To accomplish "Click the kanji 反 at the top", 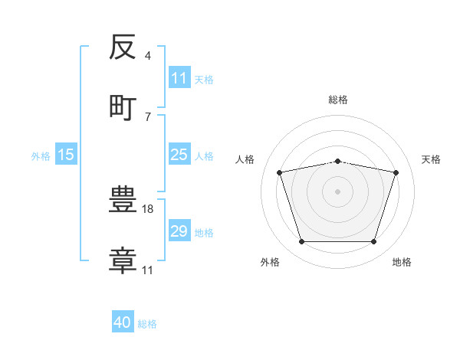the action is click(123, 47).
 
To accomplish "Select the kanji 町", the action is click(123, 108).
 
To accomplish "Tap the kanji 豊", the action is click(123, 199).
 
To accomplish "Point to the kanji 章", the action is click(123, 260).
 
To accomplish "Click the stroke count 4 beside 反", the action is click(147, 56).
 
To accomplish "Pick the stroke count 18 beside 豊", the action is click(147, 209).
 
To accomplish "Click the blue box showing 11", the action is click(179, 77).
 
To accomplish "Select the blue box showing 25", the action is click(179, 154).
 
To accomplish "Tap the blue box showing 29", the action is click(179, 230).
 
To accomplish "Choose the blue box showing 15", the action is click(66, 154).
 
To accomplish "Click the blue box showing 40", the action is click(123, 321).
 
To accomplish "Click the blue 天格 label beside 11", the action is click(204, 80).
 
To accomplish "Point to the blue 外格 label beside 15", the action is click(41, 156).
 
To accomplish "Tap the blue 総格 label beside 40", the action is click(147, 324).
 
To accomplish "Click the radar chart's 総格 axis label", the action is click(338, 100).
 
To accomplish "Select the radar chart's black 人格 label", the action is click(245, 159).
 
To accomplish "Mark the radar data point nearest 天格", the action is click(396, 172).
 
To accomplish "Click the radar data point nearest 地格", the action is click(373, 241).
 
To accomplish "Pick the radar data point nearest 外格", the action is click(302, 241).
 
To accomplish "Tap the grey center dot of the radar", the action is click(337, 191).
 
